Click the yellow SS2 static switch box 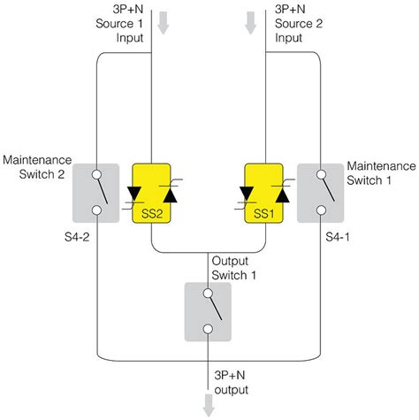point(152,193)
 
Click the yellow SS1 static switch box point(266,193)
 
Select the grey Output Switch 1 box point(209,311)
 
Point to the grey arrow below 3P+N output point(209,406)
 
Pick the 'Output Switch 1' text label point(233,266)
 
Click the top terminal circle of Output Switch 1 point(209,293)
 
